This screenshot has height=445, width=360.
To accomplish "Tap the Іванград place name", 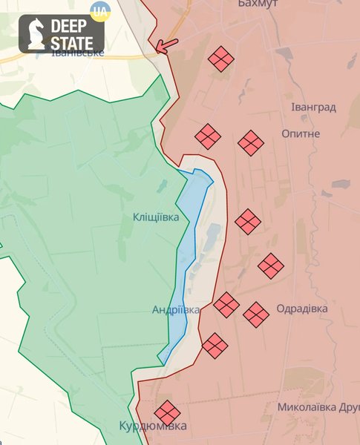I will [312, 107].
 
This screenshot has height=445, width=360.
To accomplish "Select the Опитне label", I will [301, 133].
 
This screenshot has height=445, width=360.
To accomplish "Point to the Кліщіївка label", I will [156, 217].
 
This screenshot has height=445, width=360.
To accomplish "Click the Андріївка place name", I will [175, 310].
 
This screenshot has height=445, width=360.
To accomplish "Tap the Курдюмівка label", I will [153, 426].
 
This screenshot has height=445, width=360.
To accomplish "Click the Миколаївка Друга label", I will [318, 407].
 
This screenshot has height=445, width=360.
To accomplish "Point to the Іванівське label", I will [77, 53].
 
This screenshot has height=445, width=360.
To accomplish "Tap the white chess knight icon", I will [35, 34].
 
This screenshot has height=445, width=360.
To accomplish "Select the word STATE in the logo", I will [71, 43].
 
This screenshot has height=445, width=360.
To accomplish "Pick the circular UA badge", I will [99, 10].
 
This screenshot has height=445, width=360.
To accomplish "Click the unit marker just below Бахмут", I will [221, 59].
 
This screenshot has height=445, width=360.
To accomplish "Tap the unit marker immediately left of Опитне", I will [251, 142].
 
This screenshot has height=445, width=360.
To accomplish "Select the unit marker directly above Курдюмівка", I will [167, 413].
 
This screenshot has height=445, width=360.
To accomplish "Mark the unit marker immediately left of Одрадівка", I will [256, 314].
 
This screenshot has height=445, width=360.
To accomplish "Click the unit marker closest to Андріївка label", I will [226, 304].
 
